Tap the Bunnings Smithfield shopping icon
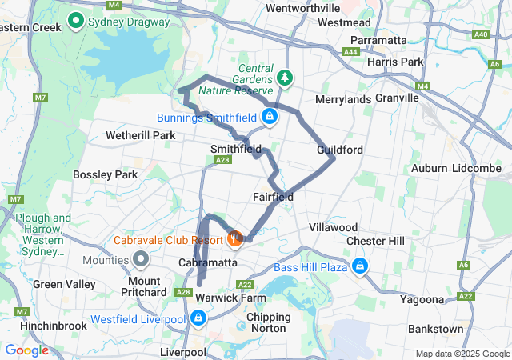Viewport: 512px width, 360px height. pos(270,118)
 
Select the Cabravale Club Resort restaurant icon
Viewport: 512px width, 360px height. pos(234,238)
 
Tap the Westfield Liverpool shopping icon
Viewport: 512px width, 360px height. pos(197,318)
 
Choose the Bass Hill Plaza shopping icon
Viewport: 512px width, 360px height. pos(360,266)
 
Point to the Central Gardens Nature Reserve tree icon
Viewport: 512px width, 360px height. pos(284,78)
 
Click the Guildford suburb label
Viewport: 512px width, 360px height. pos(340,150)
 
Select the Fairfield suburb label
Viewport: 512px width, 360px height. pos(273,197)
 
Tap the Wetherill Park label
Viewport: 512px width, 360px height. pos(140,135)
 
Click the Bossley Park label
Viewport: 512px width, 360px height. pos(105,174)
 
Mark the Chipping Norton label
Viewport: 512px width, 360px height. pos(269,322)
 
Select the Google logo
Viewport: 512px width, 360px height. pos(26,350)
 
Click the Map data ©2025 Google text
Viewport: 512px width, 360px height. pos(462,354)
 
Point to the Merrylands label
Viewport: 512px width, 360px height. pos(343,99)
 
